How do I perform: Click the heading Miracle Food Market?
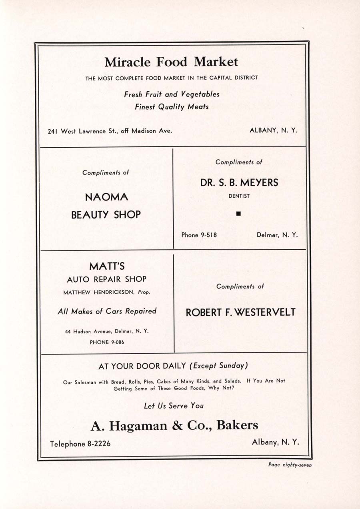171,62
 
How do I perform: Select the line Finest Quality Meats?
172,107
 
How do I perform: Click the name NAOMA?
106,197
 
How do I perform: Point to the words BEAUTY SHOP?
106,215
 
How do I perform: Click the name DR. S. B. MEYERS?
239,183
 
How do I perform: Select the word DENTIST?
239,196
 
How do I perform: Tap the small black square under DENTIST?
238,214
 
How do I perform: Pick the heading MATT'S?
107,266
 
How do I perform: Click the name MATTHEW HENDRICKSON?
100,292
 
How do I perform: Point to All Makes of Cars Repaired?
107,311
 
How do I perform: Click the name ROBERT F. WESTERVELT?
240,313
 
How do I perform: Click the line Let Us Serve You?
174,406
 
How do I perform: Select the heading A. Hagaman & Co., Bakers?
174,426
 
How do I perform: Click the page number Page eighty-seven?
290,465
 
